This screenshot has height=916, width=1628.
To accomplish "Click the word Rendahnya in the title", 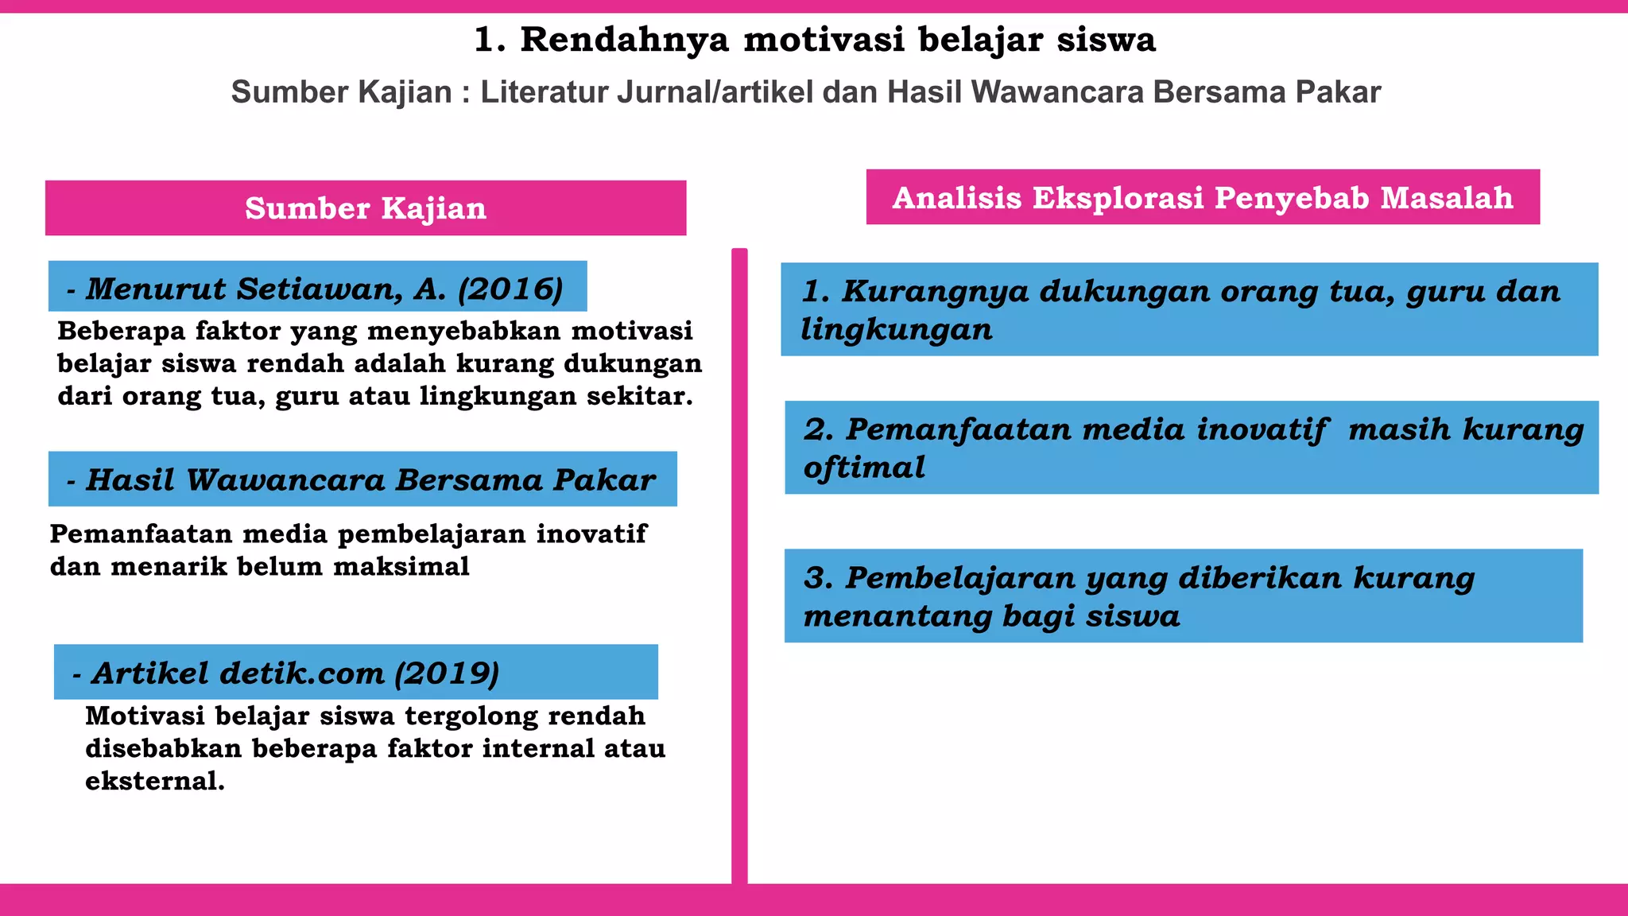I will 624,40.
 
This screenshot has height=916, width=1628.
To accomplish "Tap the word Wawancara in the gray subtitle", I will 1058,92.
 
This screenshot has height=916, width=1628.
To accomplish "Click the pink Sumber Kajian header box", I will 366,208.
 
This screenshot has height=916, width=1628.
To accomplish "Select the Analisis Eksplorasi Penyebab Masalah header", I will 1202,197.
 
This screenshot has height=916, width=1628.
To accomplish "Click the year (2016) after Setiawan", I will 510,289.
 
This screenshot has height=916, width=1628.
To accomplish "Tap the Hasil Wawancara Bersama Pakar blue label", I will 362,479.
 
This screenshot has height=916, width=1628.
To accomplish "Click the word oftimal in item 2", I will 865,468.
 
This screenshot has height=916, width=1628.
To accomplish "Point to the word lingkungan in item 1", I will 897,329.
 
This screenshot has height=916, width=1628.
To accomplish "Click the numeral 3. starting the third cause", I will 818,578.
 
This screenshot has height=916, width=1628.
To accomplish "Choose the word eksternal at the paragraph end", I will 154,781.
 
